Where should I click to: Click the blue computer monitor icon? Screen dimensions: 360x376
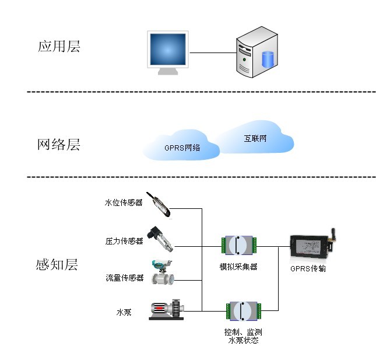coord(168,53)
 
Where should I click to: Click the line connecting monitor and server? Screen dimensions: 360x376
coord(212,53)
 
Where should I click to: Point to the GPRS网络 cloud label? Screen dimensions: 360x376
coord(182,148)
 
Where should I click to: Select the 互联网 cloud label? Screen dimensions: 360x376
coord(255,139)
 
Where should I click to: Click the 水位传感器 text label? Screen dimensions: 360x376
coord(124,203)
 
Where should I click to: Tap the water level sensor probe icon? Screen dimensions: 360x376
coord(159,205)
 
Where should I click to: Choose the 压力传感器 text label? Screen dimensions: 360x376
coord(124,240)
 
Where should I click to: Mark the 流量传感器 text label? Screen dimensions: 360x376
coord(124,278)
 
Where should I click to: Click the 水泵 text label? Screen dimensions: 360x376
coord(124,312)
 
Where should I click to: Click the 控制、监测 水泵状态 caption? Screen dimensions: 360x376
coord(243,335)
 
